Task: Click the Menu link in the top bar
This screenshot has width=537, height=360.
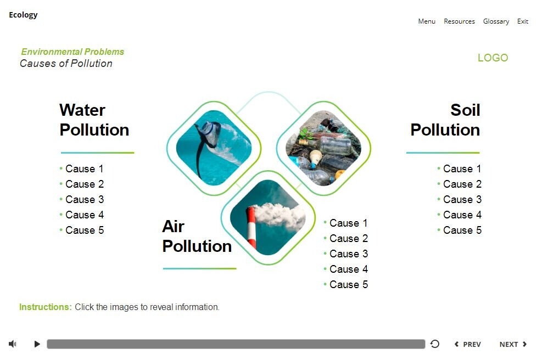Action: point(427,21)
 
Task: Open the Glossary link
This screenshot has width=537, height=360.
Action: point(496,21)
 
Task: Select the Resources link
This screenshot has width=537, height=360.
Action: point(459,21)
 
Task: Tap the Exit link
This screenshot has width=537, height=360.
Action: point(523,21)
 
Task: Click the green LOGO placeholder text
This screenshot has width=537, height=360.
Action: point(493,58)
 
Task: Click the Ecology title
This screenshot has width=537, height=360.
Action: point(23,15)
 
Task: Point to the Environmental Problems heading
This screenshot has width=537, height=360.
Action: point(72,52)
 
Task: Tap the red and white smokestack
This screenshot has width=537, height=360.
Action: point(251,228)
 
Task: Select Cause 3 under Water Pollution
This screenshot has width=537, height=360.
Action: point(84,200)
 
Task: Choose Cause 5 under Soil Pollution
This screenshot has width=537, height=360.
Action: point(462,230)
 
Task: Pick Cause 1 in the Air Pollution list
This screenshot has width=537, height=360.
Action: point(348,223)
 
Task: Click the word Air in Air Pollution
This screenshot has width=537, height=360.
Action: point(174,226)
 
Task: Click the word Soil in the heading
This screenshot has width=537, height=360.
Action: point(465,110)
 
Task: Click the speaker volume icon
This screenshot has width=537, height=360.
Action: point(13,344)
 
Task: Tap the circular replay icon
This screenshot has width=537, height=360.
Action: point(435,344)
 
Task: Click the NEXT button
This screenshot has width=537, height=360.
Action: point(513,344)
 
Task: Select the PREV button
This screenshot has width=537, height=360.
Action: point(468,344)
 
